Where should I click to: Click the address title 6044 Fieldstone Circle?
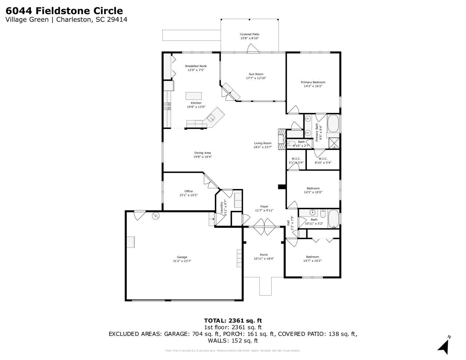pos(64,11)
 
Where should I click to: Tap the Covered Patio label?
pos(249,34)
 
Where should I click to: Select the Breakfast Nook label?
pos(196,66)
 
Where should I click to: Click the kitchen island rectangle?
pos(193,96)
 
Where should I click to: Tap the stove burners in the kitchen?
pos(168,106)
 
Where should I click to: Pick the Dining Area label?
pos(202,153)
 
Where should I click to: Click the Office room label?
pos(188,191)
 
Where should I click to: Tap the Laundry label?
pos(221,207)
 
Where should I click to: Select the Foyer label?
pos(264,206)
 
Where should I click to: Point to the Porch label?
pos(264,255)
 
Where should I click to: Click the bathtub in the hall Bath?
pos(333,218)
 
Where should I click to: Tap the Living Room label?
pos(262,143)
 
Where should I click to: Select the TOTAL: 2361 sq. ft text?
pos(233,321)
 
